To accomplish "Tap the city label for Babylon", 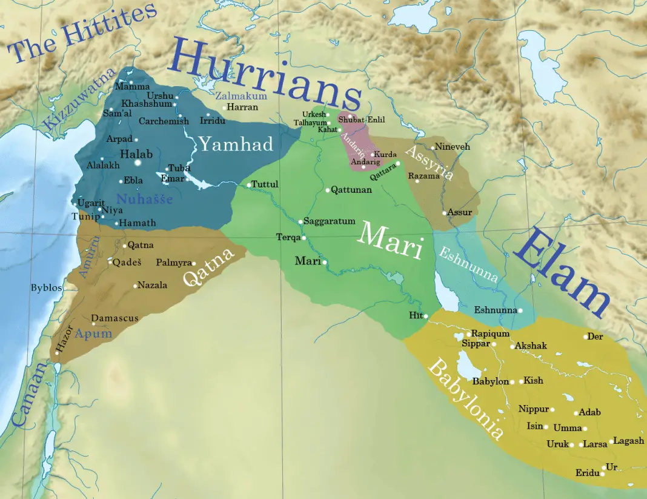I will [x=490, y=381].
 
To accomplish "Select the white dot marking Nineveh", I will [x=433, y=147].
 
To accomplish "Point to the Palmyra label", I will [x=173, y=263].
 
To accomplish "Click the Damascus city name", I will [x=115, y=318].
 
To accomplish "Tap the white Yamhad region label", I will [x=236, y=144].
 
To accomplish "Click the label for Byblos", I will [x=47, y=287].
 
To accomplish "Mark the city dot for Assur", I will [x=444, y=213].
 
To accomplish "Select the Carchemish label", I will [x=164, y=121].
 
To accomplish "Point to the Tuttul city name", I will [x=265, y=184].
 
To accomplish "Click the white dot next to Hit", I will [x=426, y=316].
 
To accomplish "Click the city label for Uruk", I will [x=557, y=444].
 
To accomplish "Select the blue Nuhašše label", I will [x=144, y=199].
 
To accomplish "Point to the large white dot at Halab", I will [x=138, y=162].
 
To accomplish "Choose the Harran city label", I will [x=242, y=107].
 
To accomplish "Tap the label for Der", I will [x=595, y=337].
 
